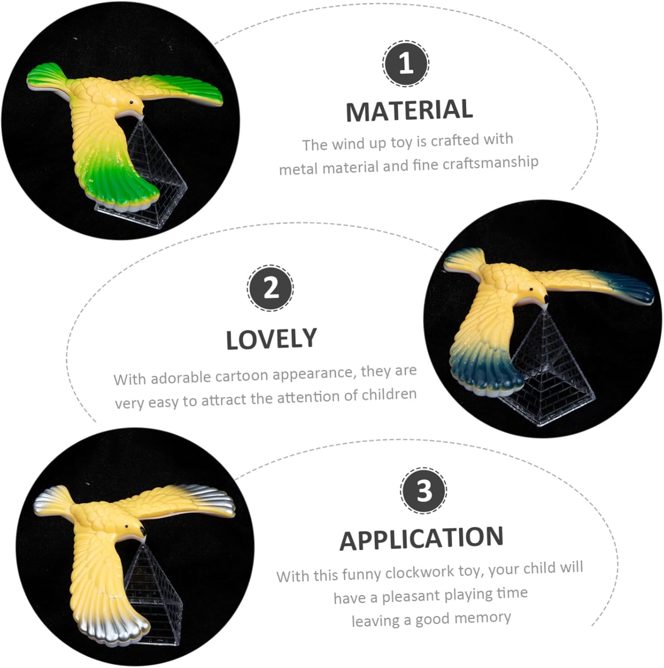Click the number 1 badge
(x=405, y=64)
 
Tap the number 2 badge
(x=270, y=288)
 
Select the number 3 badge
(x=423, y=490)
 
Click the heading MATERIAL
(x=409, y=110)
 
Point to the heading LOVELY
(x=271, y=339)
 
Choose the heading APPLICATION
(x=421, y=538)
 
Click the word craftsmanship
(x=490, y=163)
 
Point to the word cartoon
(x=241, y=375)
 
